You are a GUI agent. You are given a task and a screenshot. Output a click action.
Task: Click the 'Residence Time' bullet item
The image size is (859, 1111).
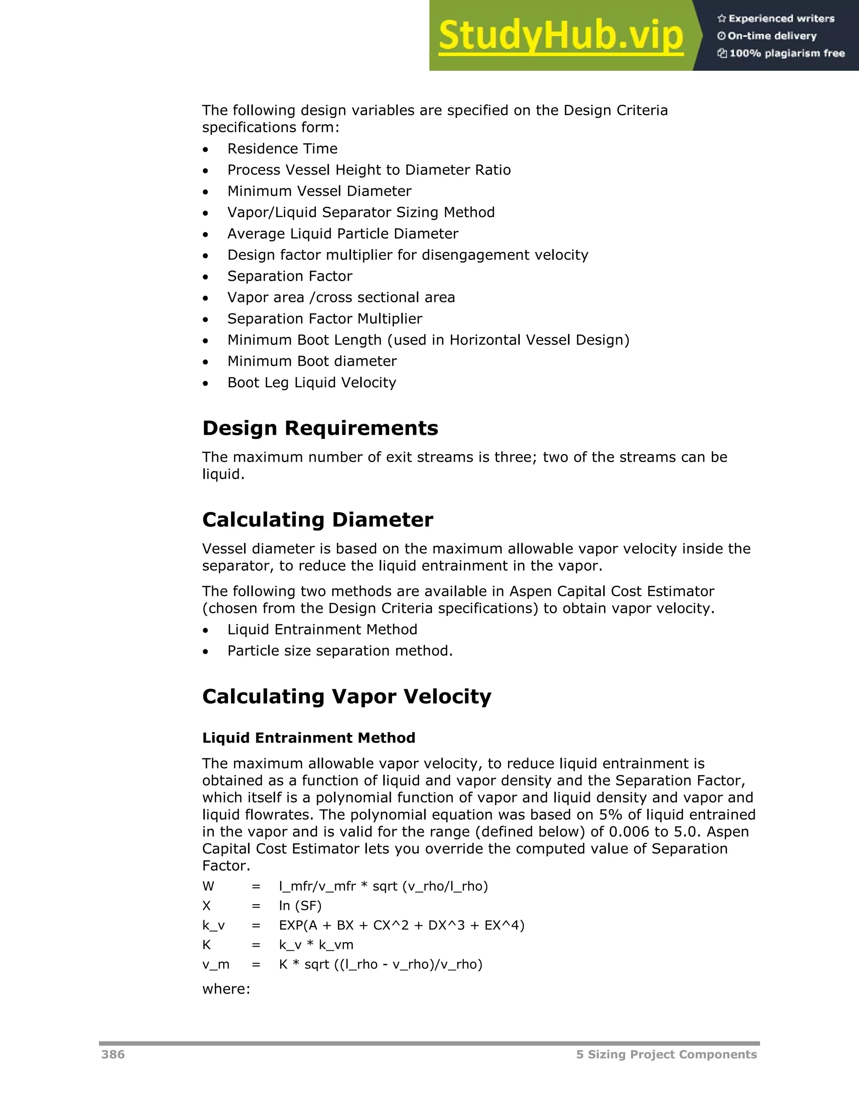coord(282,148)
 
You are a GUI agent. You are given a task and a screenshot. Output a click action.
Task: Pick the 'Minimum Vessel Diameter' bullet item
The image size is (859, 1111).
coord(319,191)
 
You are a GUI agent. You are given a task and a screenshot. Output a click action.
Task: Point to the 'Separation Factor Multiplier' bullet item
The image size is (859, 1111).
coord(325,319)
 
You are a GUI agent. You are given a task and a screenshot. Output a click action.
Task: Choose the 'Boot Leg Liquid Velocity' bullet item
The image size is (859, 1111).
coord(312,382)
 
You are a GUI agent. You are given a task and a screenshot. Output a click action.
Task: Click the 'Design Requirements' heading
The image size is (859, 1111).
coord(320,428)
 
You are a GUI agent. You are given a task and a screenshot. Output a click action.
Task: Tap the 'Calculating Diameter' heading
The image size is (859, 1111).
coord(318,520)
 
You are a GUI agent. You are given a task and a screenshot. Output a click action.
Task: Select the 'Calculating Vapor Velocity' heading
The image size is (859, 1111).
coord(346,696)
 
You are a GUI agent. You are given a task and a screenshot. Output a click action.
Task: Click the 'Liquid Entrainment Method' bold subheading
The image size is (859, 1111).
coord(308,737)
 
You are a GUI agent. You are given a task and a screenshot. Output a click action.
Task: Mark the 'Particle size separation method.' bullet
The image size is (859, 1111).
coord(340,651)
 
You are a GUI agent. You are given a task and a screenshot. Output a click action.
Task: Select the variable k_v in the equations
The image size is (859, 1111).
coord(213,925)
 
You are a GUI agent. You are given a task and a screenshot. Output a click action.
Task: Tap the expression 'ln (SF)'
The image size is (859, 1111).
coord(300,906)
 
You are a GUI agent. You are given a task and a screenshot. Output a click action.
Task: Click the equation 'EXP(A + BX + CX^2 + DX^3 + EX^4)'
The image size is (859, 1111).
coord(401,925)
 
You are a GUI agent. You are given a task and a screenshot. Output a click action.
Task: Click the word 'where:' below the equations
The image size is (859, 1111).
coord(226,989)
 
